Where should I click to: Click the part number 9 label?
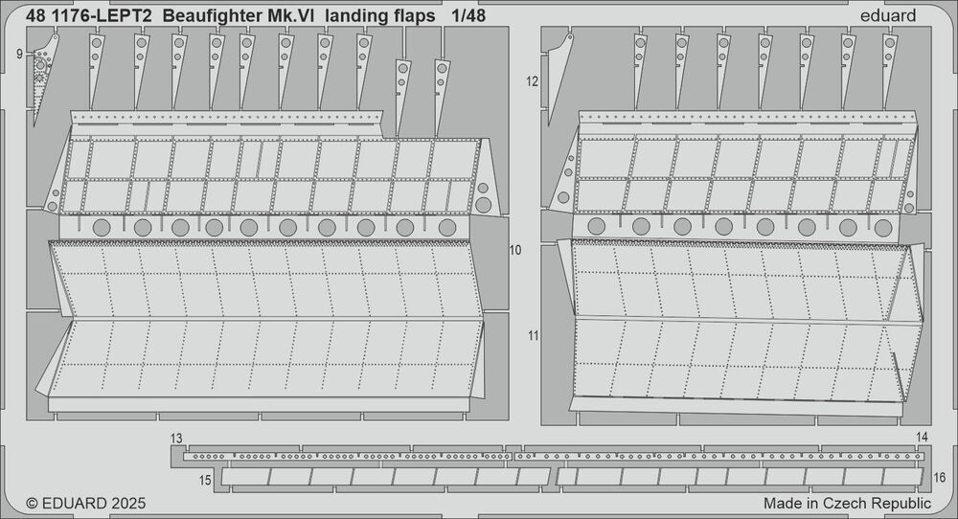pos(19,55)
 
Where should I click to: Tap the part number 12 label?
pos(532,81)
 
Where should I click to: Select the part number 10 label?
pos(515,250)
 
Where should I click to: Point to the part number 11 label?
pos(534,335)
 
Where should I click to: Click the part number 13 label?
pos(176,439)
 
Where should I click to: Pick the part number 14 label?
pos(922,437)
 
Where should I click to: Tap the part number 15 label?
pos(205,481)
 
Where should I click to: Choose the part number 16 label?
pos(940,478)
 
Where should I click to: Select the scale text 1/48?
pos(469,16)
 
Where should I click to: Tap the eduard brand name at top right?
pos(888,16)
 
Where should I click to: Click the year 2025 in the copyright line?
pos(128,503)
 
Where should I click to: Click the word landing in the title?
pos(355,17)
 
